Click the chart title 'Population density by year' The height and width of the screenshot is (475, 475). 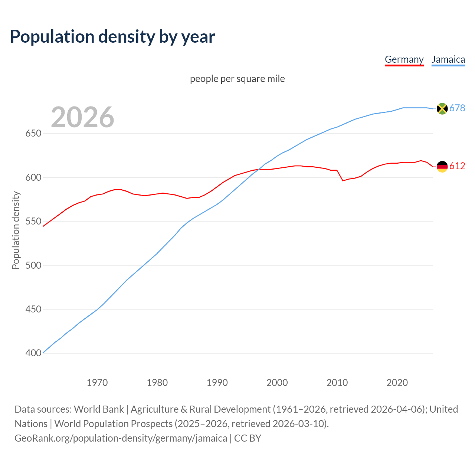112,36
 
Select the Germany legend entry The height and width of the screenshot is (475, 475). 404,59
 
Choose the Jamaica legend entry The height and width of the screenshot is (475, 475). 448,59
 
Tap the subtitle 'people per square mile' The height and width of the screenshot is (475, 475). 237,79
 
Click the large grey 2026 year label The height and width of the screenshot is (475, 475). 82,117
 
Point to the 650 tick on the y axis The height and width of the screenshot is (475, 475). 33,134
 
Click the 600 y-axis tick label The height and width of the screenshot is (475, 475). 33,177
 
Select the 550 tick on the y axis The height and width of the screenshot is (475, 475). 33,222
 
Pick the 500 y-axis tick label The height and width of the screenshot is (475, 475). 33,265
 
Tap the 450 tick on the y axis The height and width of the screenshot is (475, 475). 33,309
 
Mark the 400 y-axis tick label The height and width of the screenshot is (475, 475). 33,353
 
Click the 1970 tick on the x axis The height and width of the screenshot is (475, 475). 97,383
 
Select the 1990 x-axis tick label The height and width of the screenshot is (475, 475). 217,383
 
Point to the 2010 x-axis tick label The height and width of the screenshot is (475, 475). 337,383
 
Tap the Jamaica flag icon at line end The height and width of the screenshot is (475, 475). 442,108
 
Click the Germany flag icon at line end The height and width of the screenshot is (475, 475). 442,167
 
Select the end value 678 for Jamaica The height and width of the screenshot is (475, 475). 457,108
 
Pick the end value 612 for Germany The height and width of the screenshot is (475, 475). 457,166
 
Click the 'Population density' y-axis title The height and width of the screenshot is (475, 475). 16,230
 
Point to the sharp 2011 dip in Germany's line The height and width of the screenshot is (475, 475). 343,181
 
